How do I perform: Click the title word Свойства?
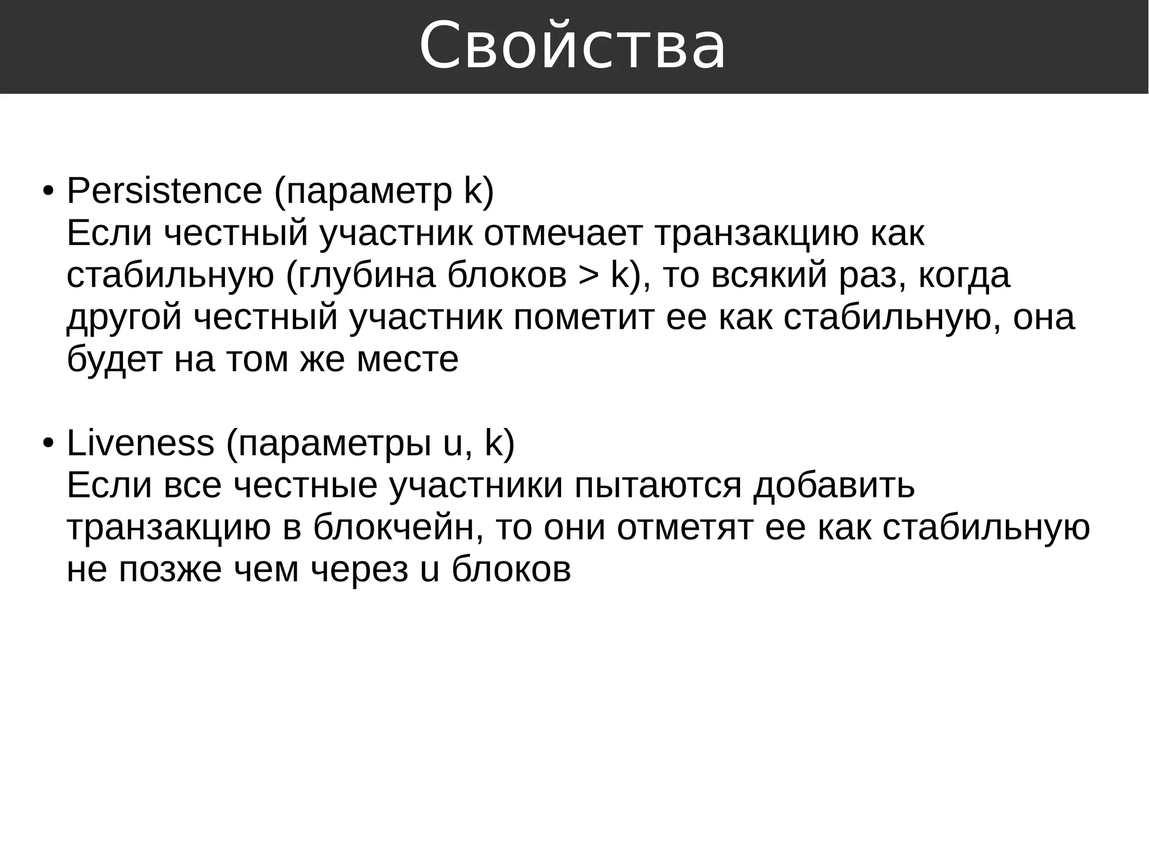coord(573,46)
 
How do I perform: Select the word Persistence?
coord(164,191)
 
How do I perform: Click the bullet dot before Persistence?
coord(48,192)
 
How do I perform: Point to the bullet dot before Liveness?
coord(48,444)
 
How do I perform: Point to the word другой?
coord(124,317)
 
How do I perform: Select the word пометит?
coord(583,317)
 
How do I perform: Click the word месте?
coord(407,360)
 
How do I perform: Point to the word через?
coord(359,570)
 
